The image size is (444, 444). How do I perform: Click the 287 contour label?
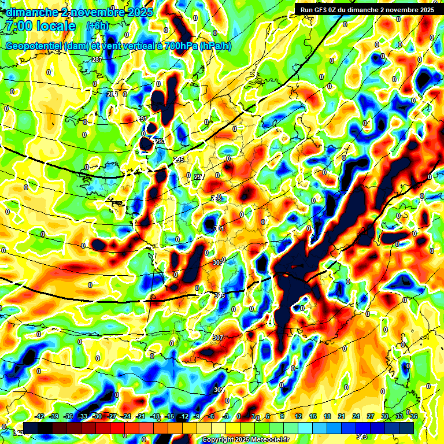point(97,60)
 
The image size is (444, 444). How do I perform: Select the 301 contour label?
point(219,229)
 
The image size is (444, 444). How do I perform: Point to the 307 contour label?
point(218,338)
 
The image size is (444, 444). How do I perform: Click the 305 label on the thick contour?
point(219,295)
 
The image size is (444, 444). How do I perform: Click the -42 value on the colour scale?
point(40,416)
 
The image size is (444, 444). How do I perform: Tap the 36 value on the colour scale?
point(414,416)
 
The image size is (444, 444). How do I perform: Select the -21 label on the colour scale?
point(140,416)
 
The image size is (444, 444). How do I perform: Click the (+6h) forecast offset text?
point(97,26)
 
